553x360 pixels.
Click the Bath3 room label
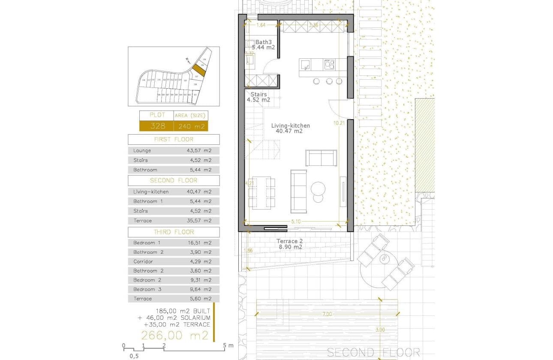(264, 42)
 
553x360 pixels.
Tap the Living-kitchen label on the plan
(290, 126)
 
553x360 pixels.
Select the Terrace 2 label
(289, 241)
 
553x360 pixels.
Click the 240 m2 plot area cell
(190, 126)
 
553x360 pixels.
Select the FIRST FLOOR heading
(174, 139)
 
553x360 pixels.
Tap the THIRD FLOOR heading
(174, 232)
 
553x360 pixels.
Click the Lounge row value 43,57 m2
(201, 151)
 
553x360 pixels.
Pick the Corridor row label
(143, 261)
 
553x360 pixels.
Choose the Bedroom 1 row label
(144, 243)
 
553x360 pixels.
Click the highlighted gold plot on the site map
(198, 70)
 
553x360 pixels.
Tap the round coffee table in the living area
(319, 189)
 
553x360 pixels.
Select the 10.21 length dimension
(339, 123)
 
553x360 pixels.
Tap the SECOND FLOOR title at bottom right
(373, 352)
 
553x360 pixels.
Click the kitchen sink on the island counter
(305, 65)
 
